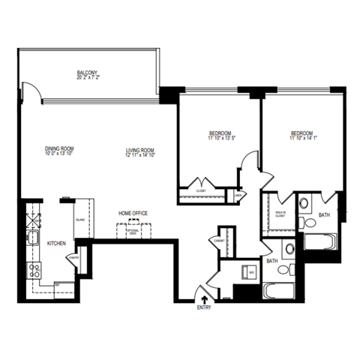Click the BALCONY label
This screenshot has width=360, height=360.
click(88, 73)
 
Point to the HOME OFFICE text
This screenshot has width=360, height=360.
click(133, 214)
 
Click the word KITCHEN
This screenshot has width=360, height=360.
click(57, 244)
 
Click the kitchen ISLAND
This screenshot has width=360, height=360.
click(80, 220)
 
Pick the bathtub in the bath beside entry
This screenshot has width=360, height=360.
click(279, 292)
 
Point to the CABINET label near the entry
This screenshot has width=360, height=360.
click(220, 240)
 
